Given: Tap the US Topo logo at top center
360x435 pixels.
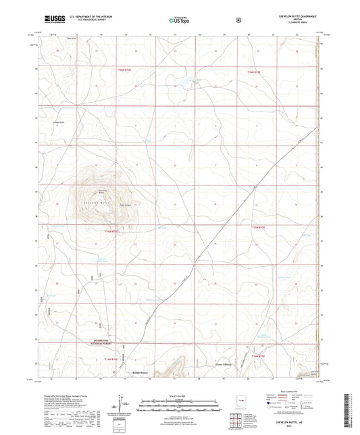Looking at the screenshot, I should pyautogui.click(x=178, y=21).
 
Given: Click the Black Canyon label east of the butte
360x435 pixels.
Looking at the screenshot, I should pyautogui.click(x=125, y=205).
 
